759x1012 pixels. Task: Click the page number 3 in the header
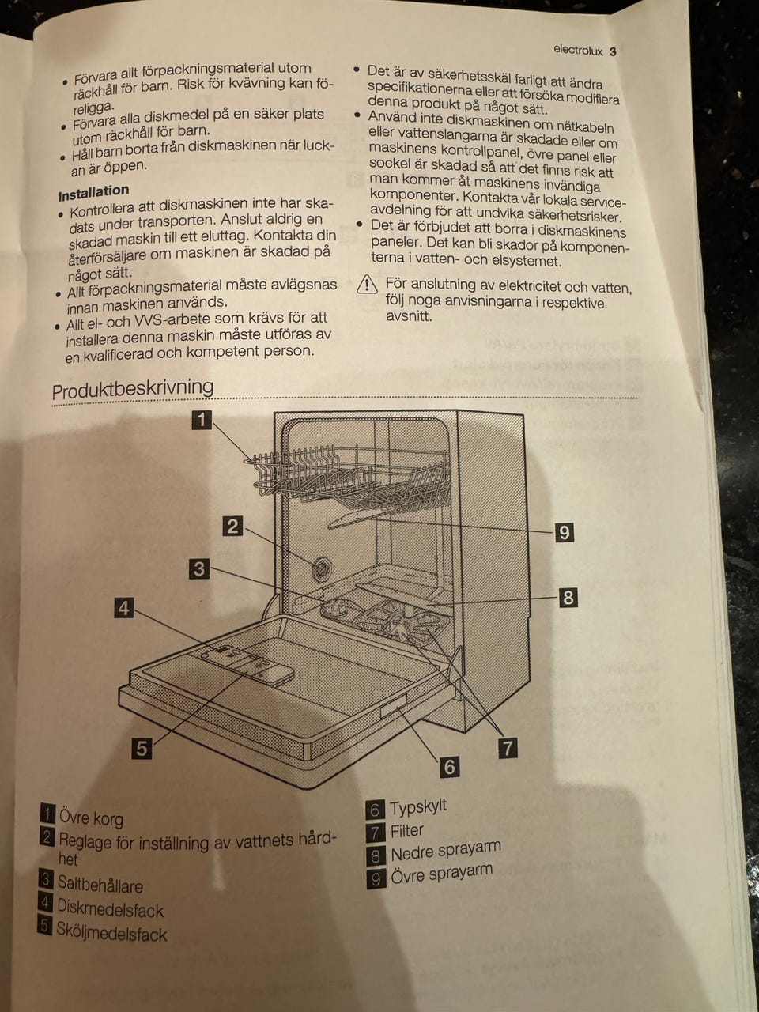click(x=613, y=51)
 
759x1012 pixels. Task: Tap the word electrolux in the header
click(x=578, y=50)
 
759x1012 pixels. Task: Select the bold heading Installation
click(x=93, y=193)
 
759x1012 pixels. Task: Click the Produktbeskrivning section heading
click(x=133, y=389)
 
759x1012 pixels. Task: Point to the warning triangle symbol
click(x=367, y=284)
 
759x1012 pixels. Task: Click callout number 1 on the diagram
click(x=202, y=420)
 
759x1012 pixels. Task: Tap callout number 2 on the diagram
click(x=232, y=527)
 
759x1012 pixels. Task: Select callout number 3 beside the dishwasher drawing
click(x=199, y=569)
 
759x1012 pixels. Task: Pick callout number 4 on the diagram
click(x=124, y=608)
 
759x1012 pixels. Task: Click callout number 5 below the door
click(x=142, y=748)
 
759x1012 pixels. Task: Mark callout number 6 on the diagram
click(x=449, y=767)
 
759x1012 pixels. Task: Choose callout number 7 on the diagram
click(x=508, y=748)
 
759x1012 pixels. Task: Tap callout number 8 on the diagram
click(x=568, y=598)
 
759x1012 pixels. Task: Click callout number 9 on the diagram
click(x=564, y=533)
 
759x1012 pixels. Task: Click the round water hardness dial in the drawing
click(x=321, y=568)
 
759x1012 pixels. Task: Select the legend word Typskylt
click(x=418, y=807)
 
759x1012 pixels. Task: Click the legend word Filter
click(x=407, y=831)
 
